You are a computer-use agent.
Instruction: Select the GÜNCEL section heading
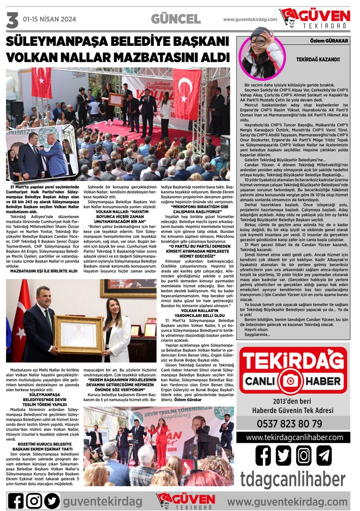click(176, 19)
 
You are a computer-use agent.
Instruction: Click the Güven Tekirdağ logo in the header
click(315, 18)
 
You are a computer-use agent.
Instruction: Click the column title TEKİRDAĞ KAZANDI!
click(317, 59)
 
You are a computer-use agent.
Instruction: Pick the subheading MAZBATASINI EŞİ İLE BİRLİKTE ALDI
click(43, 271)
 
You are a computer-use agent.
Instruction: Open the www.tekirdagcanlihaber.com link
click(290, 437)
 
